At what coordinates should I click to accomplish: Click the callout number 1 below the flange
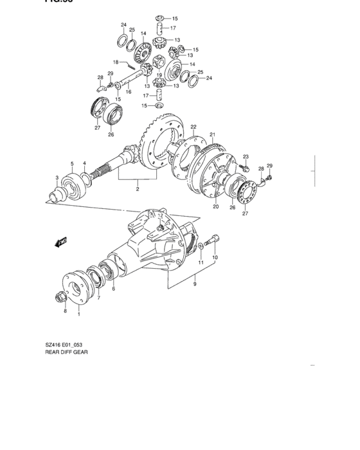pyautogui.click(x=80, y=314)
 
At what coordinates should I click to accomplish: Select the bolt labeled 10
pyautogui.click(x=214, y=241)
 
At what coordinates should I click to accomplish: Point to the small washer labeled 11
pyautogui.click(x=201, y=247)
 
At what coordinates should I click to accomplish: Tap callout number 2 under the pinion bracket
pyautogui.click(x=137, y=190)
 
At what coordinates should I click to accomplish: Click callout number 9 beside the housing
pyautogui.click(x=195, y=279)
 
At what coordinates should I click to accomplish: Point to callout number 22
pyautogui.click(x=193, y=127)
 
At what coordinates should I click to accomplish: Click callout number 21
pyautogui.click(x=212, y=134)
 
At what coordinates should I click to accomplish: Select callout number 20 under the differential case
pyautogui.click(x=216, y=207)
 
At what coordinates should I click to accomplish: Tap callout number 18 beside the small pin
pyautogui.click(x=116, y=62)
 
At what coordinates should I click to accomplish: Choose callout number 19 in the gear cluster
pyautogui.click(x=157, y=75)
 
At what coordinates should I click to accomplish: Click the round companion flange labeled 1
pyautogui.click(x=76, y=287)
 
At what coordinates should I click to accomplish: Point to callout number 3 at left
pyautogui.click(x=57, y=177)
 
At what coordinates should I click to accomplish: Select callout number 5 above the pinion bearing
pyautogui.click(x=72, y=163)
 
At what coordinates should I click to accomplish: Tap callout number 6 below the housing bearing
pyautogui.click(x=114, y=289)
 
